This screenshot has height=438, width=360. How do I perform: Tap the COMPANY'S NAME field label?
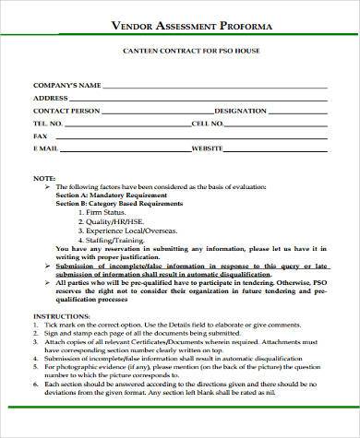pos(66,85)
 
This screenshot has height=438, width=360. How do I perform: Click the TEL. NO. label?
pos(48,122)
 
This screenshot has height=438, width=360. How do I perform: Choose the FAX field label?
pos(39,135)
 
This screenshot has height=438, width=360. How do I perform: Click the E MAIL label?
pos(46,148)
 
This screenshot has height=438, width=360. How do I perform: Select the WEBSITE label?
pos(208,148)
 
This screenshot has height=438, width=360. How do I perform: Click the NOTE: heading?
pos(42,177)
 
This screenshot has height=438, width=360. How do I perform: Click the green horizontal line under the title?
pos(180,36)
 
